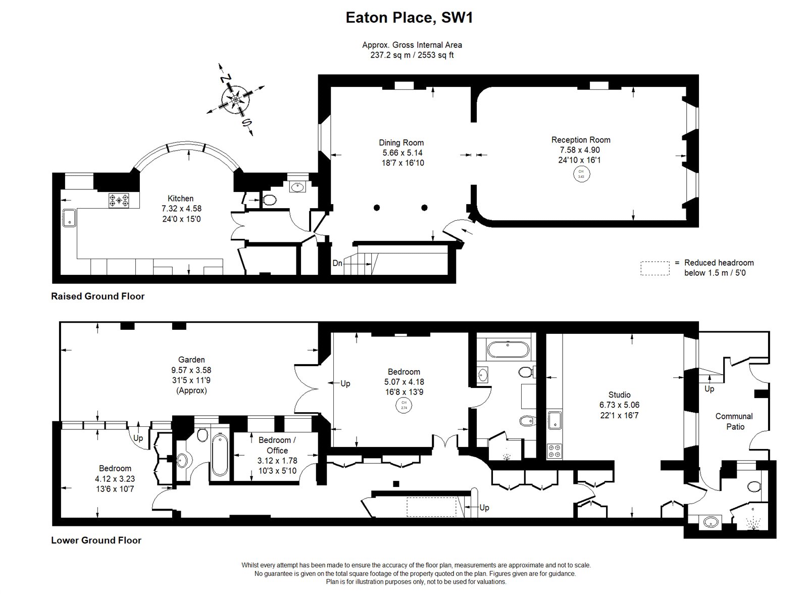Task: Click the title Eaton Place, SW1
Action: tap(409, 18)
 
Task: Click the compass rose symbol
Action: tap(236, 100)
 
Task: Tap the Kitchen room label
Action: tap(180, 199)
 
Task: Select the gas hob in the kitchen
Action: tap(119, 201)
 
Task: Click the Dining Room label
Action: tap(401, 142)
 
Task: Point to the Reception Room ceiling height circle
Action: tap(580, 174)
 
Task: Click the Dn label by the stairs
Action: tap(337, 263)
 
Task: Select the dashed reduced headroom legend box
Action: tap(654, 268)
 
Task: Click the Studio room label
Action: tap(619, 394)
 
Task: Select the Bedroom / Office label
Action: tap(277, 445)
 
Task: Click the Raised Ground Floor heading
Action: tap(97, 296)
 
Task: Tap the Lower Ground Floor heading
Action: tap(96, 540)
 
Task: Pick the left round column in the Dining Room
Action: tap(377, 208)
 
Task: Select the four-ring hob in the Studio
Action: tap(554, 451)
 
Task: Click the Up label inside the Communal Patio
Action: tap(709, 389)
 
